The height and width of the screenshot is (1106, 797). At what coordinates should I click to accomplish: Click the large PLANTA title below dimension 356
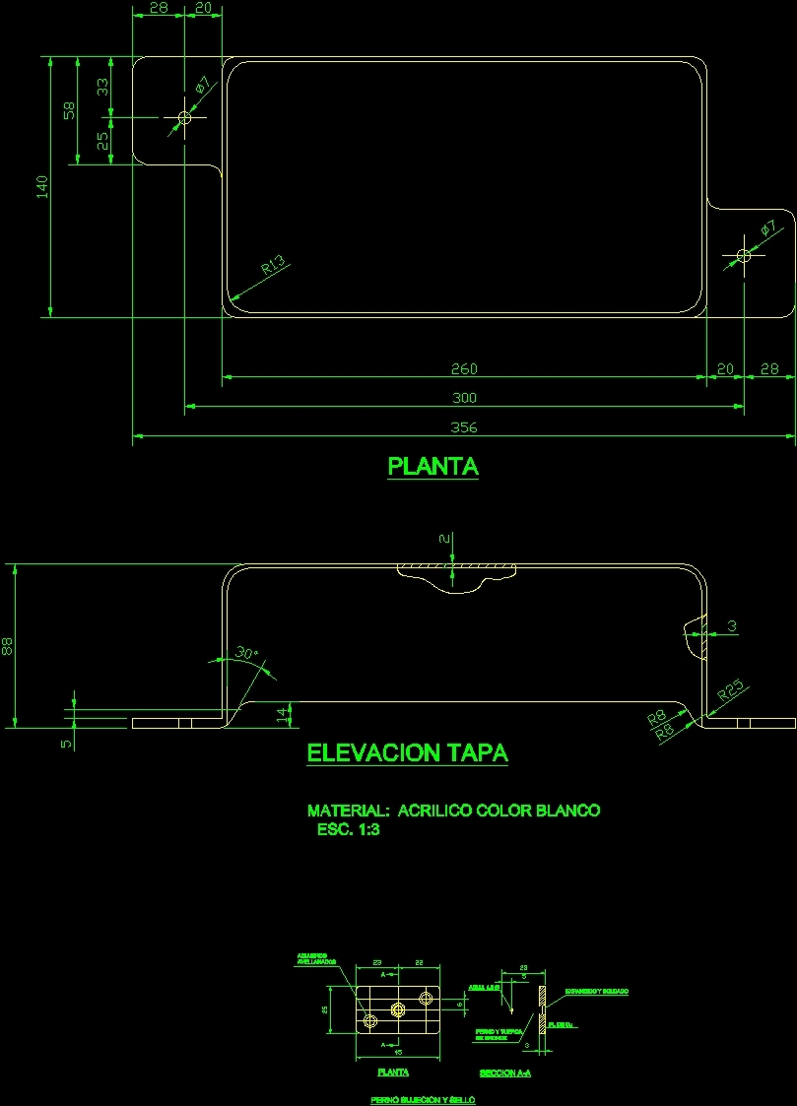tap(433, 466)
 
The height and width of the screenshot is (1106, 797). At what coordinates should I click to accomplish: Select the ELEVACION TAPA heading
tap(408, 753)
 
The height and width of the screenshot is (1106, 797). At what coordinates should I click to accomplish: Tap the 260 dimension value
tap(464, 369)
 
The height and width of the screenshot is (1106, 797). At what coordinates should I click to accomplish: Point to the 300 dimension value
tap(464, 398)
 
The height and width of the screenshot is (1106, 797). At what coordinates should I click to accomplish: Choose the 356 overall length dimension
tap(464, 427)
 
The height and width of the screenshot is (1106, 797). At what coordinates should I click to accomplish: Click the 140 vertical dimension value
tap(41, 187)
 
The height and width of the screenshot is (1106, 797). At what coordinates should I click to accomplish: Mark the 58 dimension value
tap(68, 110)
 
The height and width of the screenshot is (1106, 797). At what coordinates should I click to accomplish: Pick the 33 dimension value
tap(101, 87)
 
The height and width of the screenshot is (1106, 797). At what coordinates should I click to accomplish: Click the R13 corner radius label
tap(273, 264)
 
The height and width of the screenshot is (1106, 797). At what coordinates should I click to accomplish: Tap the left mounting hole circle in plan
tap(184, 118)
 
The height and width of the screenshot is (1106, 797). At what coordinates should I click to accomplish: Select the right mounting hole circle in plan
tap(744, 256)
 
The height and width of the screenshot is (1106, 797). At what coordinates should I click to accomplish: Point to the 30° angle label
tap(246, 653)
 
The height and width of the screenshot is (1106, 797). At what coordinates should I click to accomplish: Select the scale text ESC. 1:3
tap(348, 830)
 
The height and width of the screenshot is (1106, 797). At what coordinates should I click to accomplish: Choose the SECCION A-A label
tap(504, 1073)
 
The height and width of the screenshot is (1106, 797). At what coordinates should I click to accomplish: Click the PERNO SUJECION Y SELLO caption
tap(423, 1099)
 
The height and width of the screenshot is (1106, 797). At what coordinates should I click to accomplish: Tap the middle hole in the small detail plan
tap(398, 1008)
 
